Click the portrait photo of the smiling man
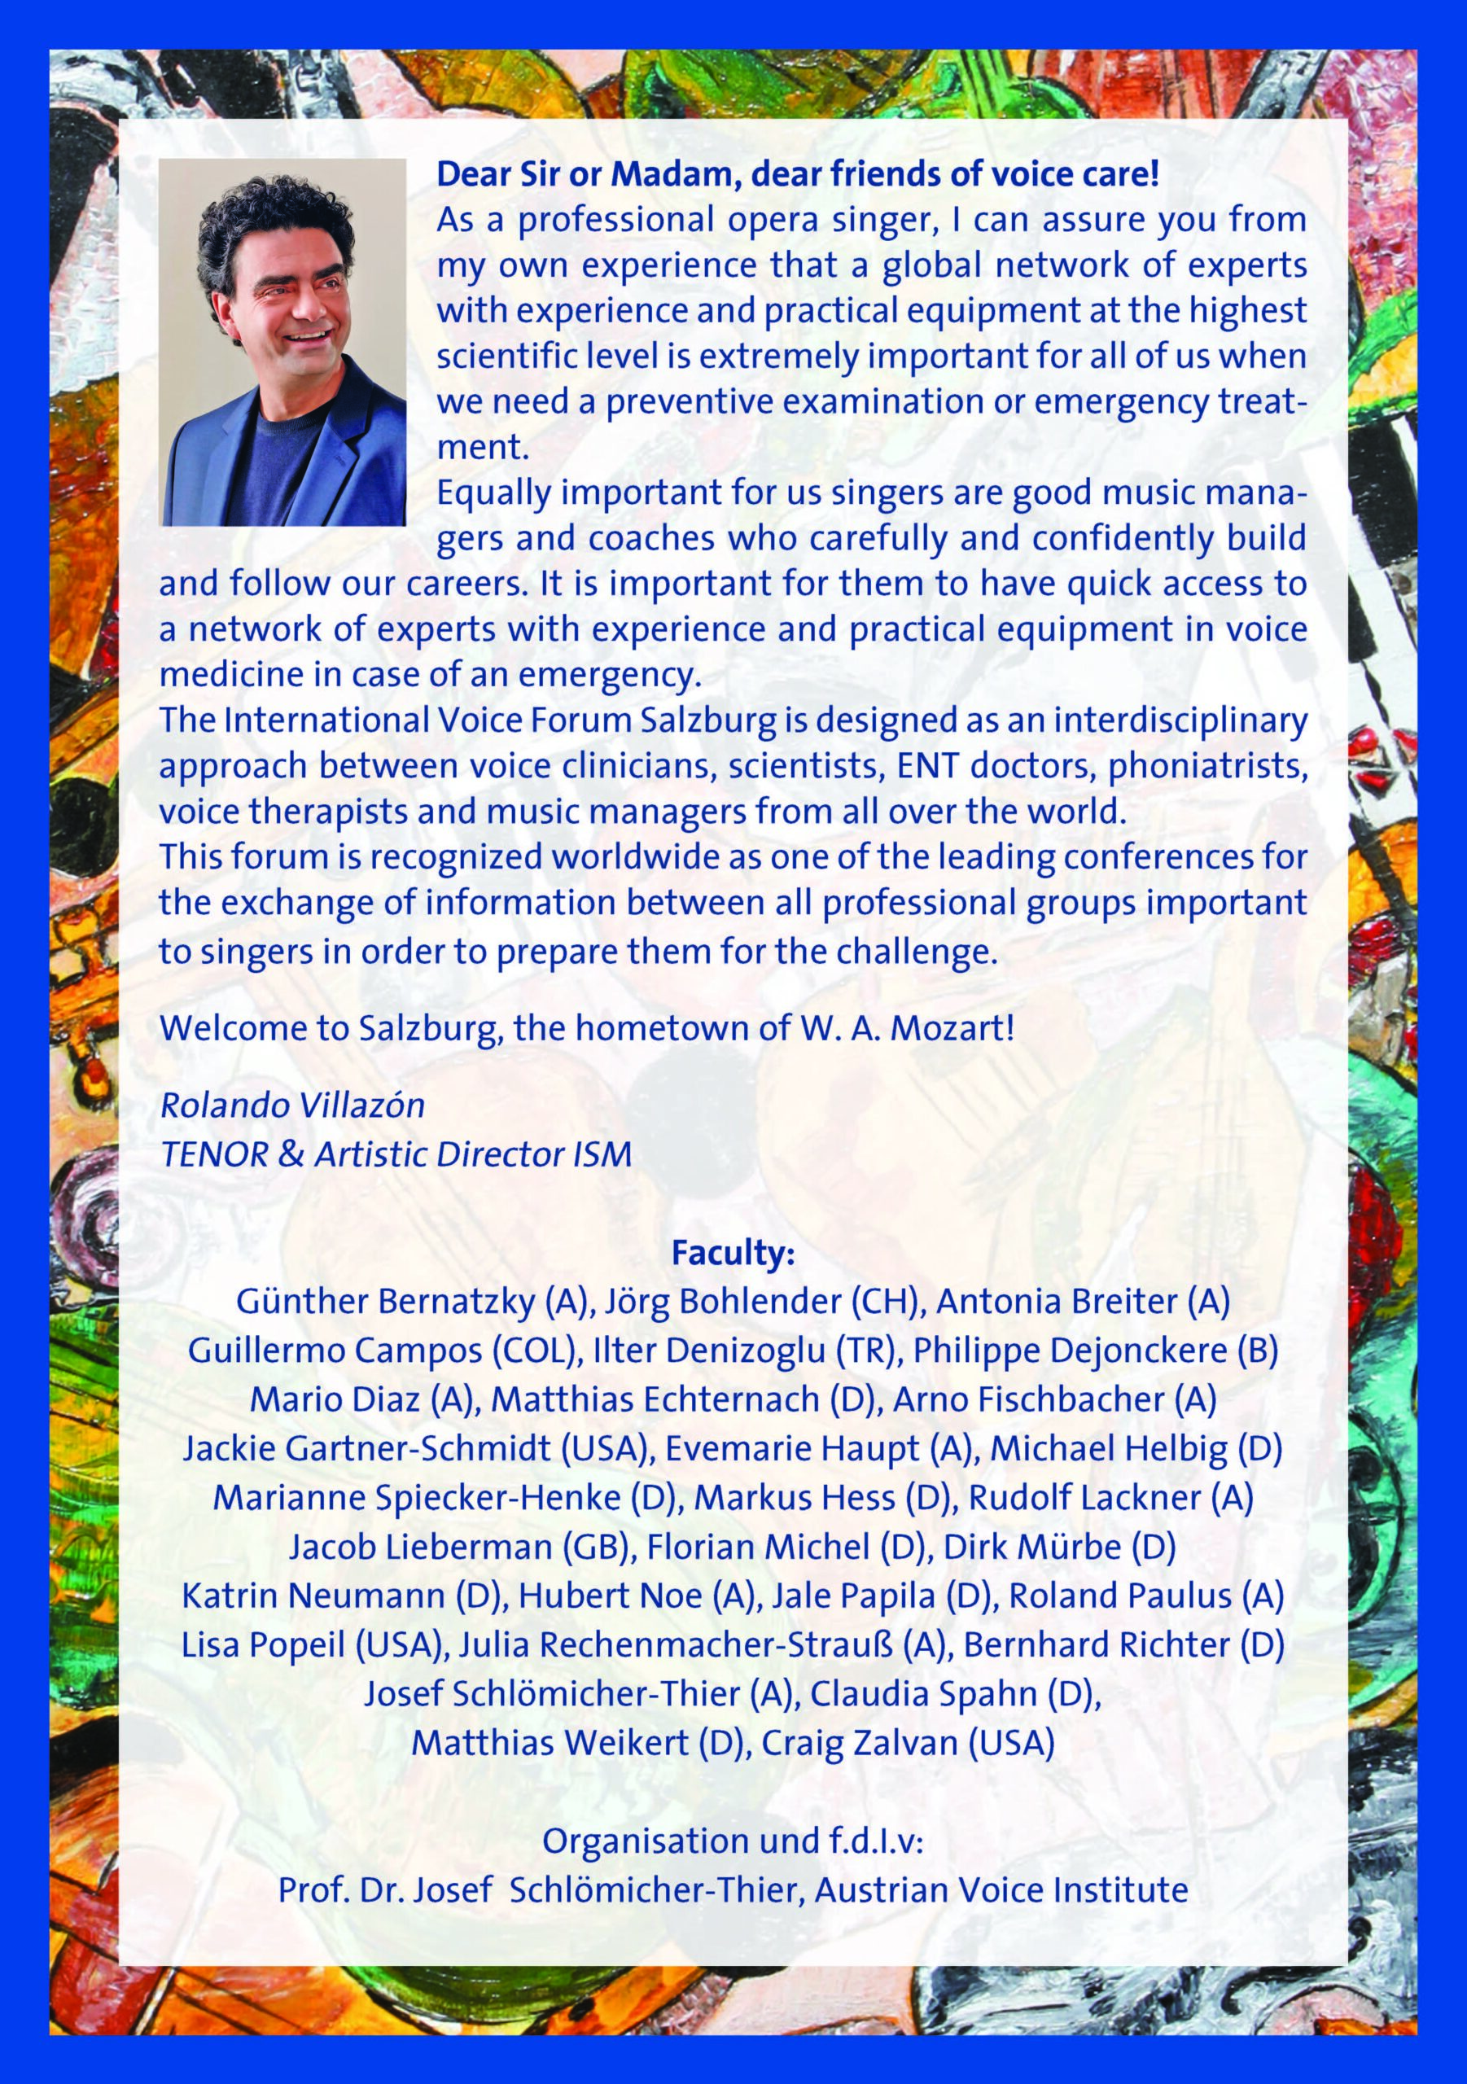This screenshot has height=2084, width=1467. coord(283,342)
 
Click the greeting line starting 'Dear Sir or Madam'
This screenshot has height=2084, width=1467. coord(797,174)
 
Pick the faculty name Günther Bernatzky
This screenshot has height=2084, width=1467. coord(386,1302)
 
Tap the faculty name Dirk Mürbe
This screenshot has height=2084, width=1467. coord(1032,1547)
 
